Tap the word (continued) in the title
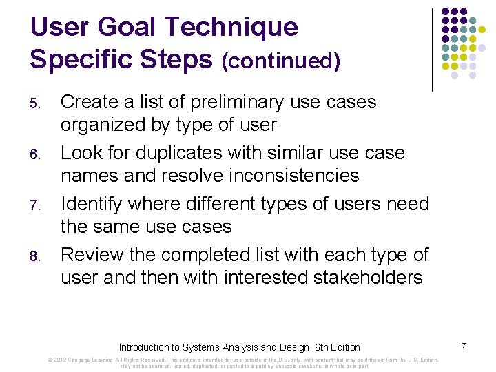tap(280, 61)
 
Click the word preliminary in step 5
tap(234, 102)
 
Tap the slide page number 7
tap(464, 344)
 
